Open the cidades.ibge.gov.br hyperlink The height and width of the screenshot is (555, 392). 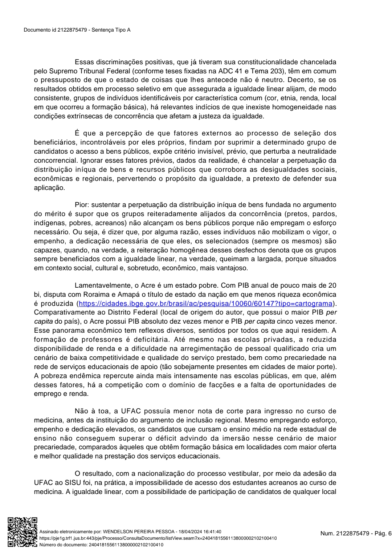point(205,304)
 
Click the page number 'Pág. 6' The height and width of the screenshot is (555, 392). point(381,534)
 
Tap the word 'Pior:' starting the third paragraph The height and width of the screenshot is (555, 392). point(81,205)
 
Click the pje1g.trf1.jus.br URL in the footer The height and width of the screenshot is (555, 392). point(158,538)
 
